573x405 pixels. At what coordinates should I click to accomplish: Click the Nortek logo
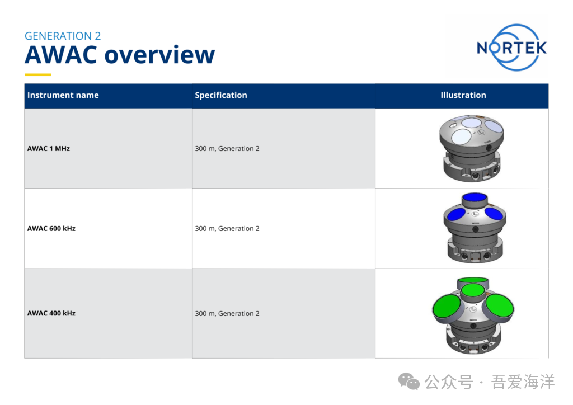point(511,48)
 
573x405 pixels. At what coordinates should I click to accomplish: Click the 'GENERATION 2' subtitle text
point(63,36)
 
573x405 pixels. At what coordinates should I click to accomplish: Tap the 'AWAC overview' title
point(120,55)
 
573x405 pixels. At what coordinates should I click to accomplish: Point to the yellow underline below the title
point(38,75)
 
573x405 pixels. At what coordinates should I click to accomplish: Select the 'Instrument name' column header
point(63,95)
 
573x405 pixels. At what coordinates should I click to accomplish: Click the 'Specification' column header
point(220,95)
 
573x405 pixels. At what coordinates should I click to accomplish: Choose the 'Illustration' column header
point(463,95)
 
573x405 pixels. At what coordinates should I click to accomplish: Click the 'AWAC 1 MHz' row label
point(48,149)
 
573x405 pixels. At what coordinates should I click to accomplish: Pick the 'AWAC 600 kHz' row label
point(51,229)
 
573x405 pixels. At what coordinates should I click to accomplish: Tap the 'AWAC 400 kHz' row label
point(51,313)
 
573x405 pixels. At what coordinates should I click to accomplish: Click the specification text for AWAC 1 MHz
point(227,149)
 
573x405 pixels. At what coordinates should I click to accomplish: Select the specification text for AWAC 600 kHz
point(227,229)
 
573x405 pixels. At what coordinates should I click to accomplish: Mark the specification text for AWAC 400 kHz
point(227,313)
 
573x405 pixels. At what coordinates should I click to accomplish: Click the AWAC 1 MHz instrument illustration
point(471,148)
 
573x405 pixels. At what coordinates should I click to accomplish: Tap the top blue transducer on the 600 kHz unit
point(475,197)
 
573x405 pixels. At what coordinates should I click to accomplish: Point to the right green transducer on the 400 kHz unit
point(500,305)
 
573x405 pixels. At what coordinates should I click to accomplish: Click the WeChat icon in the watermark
point(409,382)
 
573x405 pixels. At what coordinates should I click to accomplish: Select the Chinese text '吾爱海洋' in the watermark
point(523,382)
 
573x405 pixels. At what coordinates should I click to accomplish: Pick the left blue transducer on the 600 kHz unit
point(457,214)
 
